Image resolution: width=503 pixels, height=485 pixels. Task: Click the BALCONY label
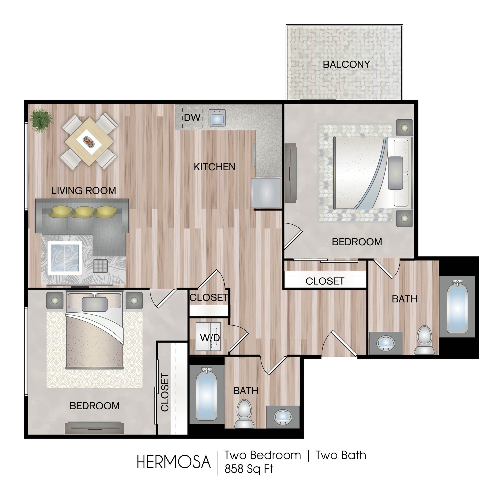click(x=346, y=64)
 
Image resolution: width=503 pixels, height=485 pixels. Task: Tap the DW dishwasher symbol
click(x=193, y=118)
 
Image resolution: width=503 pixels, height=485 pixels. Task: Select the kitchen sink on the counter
click(x=217, y=118)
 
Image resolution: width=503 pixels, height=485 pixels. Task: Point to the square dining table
click(x=89, y=142)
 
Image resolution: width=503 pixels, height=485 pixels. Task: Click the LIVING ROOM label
click(x=84, y=190)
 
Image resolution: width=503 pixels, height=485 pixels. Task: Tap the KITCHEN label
click(x=215, y=167)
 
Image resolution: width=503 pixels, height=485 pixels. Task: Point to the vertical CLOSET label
click(x=165, y=392)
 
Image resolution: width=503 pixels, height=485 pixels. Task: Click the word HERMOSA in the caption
click(x=174, y=462)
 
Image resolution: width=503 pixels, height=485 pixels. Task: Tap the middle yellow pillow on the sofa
click(x=83, y=212)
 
